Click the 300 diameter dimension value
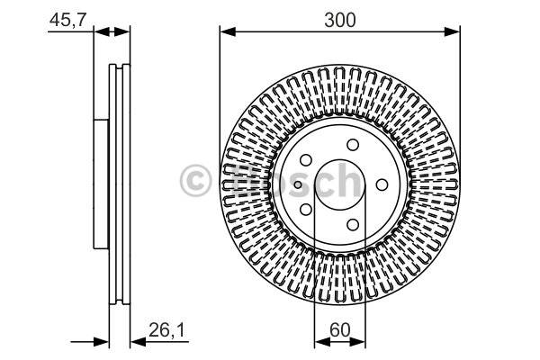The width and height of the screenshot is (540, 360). coord(340,21)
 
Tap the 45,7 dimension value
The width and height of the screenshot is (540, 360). coord(67,20)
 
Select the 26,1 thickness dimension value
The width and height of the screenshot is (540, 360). coord(166,330)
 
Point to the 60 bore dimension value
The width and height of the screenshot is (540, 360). coord(339,330)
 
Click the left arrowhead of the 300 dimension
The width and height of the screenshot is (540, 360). coord(228,31)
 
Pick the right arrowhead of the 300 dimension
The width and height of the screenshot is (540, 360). coord(452,31)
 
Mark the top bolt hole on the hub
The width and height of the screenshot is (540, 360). coord(353,145)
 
